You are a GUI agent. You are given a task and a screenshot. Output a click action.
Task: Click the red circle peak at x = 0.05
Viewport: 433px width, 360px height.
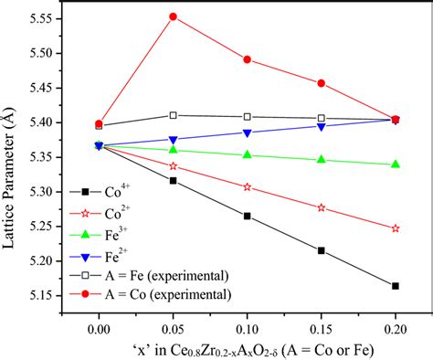click(174, 16)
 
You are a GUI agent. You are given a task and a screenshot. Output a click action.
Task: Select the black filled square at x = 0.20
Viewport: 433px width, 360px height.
click(395, 286)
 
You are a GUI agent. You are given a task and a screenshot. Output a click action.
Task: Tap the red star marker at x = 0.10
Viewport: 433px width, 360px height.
click(248, 186)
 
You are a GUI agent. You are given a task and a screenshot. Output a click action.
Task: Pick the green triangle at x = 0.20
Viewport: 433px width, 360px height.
click(395, 164)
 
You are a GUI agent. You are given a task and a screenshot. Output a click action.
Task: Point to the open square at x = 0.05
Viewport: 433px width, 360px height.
click(174, 115)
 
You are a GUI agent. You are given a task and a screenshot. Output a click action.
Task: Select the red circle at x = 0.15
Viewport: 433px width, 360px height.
click(322, 83)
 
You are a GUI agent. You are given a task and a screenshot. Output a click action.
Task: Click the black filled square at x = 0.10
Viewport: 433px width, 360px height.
click(248, 216)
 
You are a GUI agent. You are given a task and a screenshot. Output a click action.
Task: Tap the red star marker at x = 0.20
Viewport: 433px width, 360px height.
click(395, 228)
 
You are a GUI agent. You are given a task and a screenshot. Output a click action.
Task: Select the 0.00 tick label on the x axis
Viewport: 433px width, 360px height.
click(99, 326)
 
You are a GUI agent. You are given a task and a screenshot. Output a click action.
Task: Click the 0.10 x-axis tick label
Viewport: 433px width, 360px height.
click(248, 326)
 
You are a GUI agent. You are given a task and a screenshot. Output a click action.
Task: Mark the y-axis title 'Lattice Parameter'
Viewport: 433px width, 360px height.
click(12, 164)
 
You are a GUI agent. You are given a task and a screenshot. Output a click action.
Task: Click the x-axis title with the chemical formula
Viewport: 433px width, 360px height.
click(247, 349)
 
